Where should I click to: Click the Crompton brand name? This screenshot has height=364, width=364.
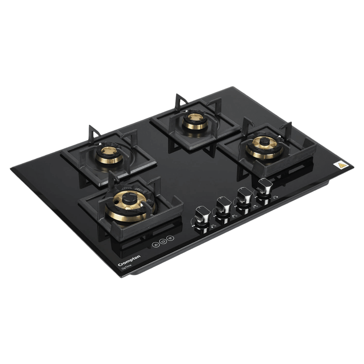pyautogui.click(x=130, y=261)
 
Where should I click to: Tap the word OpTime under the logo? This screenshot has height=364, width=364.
pyautogui.click(x=127, y=267)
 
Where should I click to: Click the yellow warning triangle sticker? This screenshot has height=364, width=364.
pyautogui.click(x=341, y=165)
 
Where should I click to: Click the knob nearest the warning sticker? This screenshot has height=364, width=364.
pyautogui.click(x=264, y=187)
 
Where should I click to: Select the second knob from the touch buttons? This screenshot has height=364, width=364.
pyautogui.click(x=222, y=206)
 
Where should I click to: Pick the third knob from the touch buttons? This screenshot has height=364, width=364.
pyautogui.click(x=243, y=197)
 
